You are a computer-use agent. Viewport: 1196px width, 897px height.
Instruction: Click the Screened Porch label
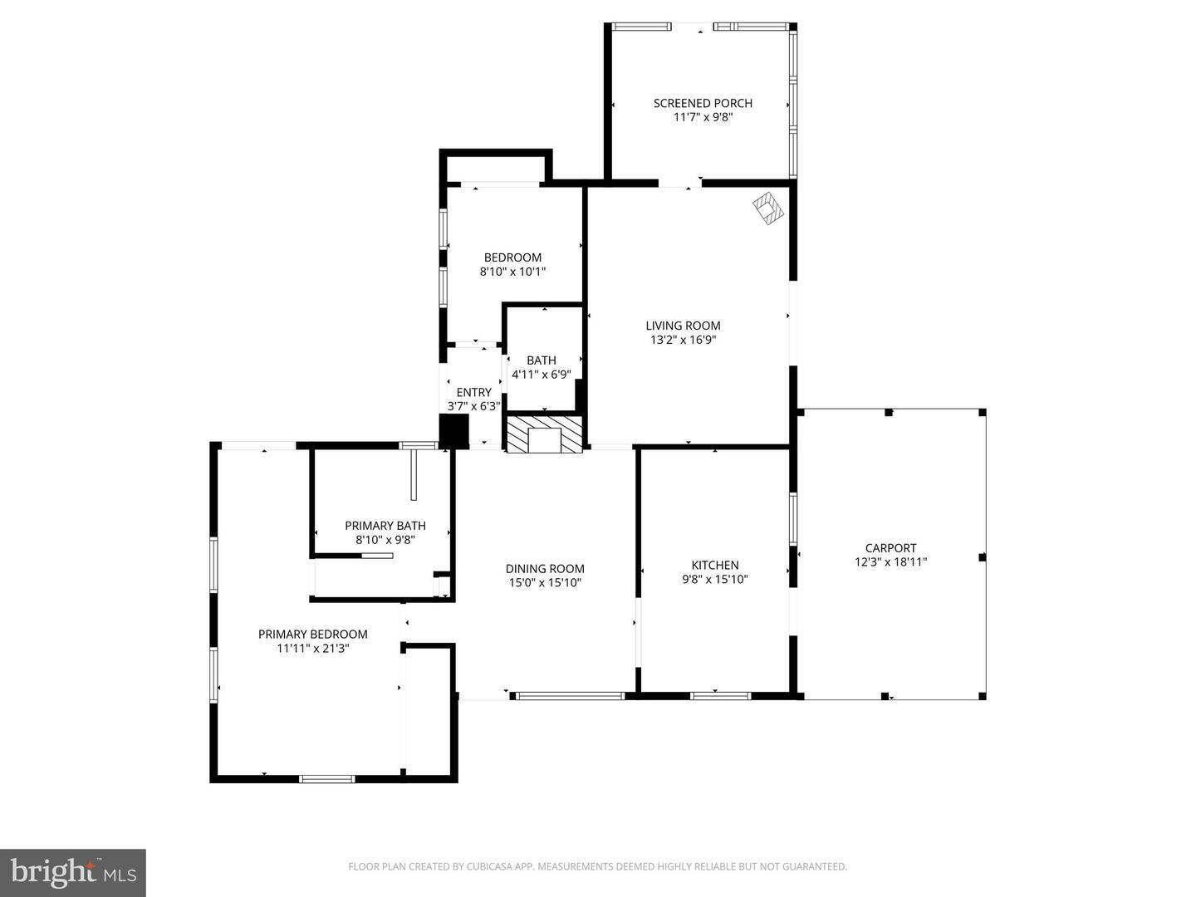(x=703, y=103)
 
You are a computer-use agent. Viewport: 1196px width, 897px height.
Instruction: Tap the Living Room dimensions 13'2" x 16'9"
(x=683, y=340)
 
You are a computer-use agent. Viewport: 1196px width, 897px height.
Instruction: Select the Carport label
(x=890, y=548)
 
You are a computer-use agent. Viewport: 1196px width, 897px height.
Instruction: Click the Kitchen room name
(x=715, y=566)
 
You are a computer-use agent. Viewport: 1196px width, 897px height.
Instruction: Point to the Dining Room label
(x=545, y=569)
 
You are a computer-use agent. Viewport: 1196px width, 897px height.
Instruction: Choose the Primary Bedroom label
(x=312, y=634)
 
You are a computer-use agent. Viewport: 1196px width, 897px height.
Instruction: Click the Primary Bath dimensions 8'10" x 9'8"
(x=385, y=540)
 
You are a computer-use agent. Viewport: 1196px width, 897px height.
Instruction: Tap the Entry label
(x=473, y=392)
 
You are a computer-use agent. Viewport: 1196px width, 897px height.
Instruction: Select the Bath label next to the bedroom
(x=542, y=360)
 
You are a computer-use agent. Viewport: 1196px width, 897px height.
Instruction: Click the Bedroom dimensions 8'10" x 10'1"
(x=512, y=272)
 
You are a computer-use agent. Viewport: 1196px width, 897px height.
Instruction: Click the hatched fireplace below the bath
(x=545, y=435)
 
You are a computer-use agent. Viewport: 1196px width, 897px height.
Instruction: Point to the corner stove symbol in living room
(x=768, y=208)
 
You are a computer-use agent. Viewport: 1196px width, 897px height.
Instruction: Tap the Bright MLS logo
(x=73, y=872)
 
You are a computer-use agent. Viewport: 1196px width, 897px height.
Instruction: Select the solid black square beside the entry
(x=453, y=431)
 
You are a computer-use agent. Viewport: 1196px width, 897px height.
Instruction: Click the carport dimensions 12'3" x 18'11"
(x=890, y=562)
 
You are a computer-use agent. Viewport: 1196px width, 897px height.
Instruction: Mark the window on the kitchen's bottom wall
(x=720, y=695)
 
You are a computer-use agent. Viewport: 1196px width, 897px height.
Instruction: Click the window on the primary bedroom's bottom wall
(x=326, y=779)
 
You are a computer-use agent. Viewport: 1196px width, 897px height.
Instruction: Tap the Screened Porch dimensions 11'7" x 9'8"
(x=703, y=117)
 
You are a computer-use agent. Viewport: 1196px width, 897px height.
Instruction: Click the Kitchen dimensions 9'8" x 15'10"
(x=715, y=580)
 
